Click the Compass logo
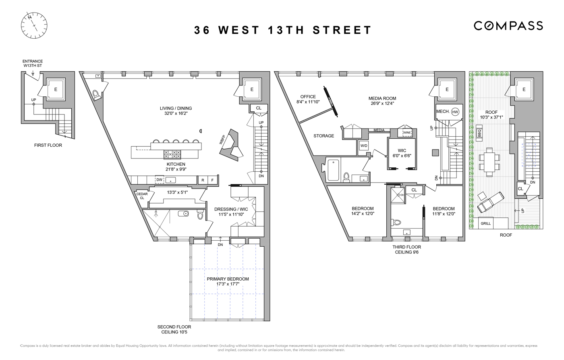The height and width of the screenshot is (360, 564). [x=508, y=26]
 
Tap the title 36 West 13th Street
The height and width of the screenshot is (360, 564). [x=283, y=30]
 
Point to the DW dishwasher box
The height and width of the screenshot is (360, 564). [x=160, y=180]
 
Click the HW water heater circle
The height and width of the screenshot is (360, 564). [x=455, y=112]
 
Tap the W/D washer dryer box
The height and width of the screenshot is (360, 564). [x=363, y=146]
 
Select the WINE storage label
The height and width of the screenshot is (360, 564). [x=407, y=132]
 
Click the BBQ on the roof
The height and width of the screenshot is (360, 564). [x=479, y=133]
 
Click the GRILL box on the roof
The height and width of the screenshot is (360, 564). [x=486, y=223]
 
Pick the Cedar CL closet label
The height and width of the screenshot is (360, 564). [x=142, y=196]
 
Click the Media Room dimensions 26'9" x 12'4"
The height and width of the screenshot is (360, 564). [x=382, y=103]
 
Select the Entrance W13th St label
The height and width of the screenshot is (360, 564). [x=33, y=64]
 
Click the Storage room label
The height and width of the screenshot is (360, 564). [x=323, y=136]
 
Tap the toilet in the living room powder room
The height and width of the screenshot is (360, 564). [x=96, y=95]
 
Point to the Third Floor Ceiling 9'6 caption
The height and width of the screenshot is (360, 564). [x=406, y=250]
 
